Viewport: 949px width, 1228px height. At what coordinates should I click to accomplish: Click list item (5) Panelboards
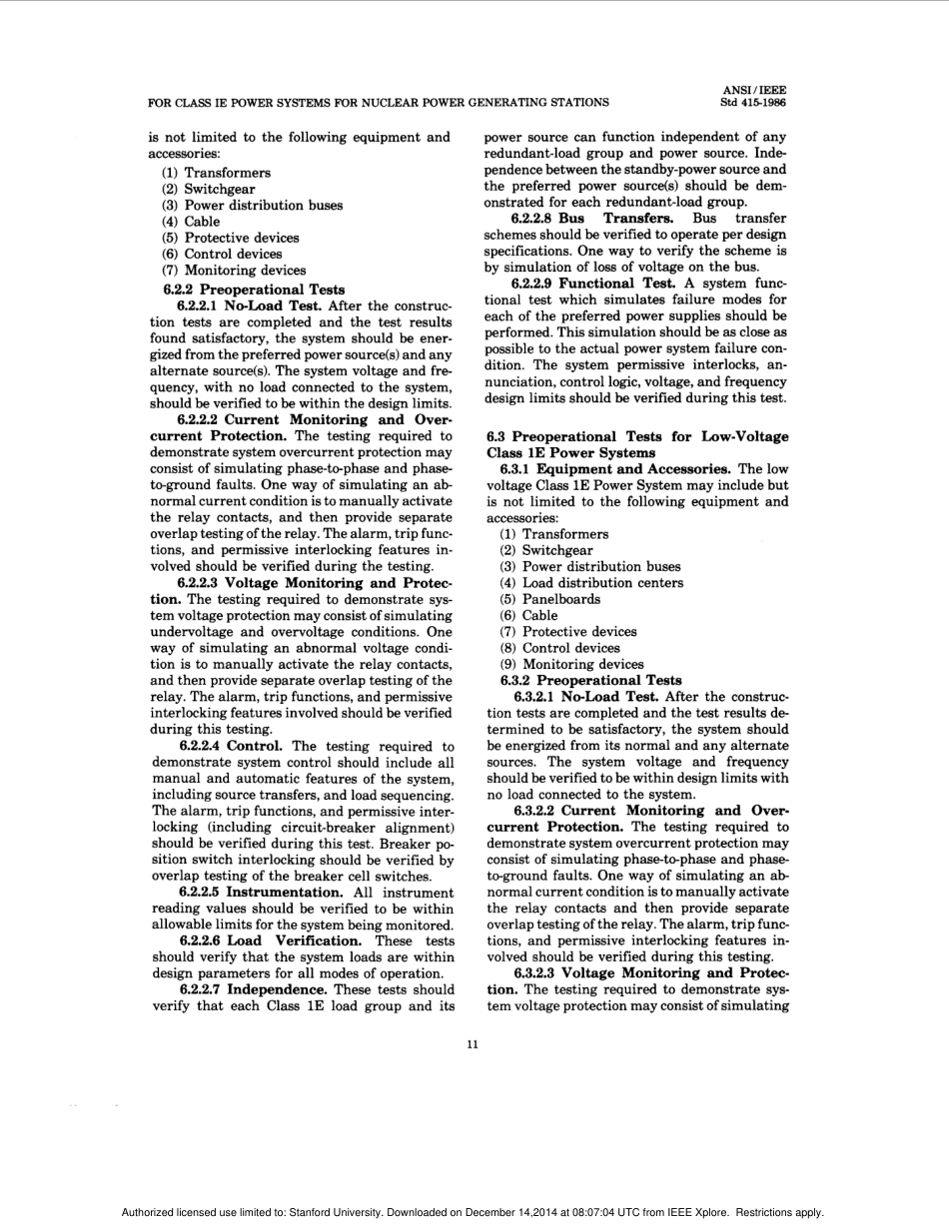(550, 599)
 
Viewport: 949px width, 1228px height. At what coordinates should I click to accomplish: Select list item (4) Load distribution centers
(591, 583)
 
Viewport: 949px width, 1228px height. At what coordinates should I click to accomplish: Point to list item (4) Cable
(191, 222)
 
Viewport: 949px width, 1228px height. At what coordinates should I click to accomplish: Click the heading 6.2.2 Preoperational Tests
(254, 290)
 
